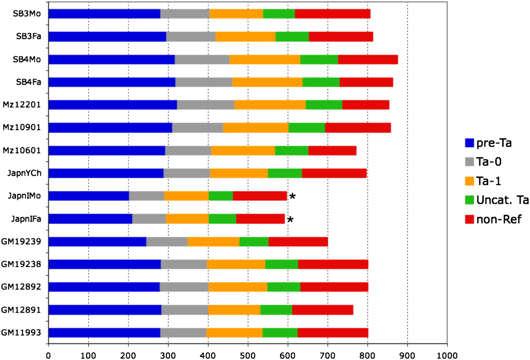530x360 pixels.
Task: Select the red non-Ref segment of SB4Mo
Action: coord(368,59)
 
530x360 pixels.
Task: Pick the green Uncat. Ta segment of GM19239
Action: coord(254,242)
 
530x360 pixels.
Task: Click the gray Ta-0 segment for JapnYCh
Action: coord(187,173)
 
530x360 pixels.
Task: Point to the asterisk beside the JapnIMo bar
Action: coord(292,196)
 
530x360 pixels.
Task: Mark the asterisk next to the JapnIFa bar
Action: coord(290,219)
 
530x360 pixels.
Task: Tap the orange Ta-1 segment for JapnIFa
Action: coord(187,219)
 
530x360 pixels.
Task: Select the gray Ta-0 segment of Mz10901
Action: coord(198,128)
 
